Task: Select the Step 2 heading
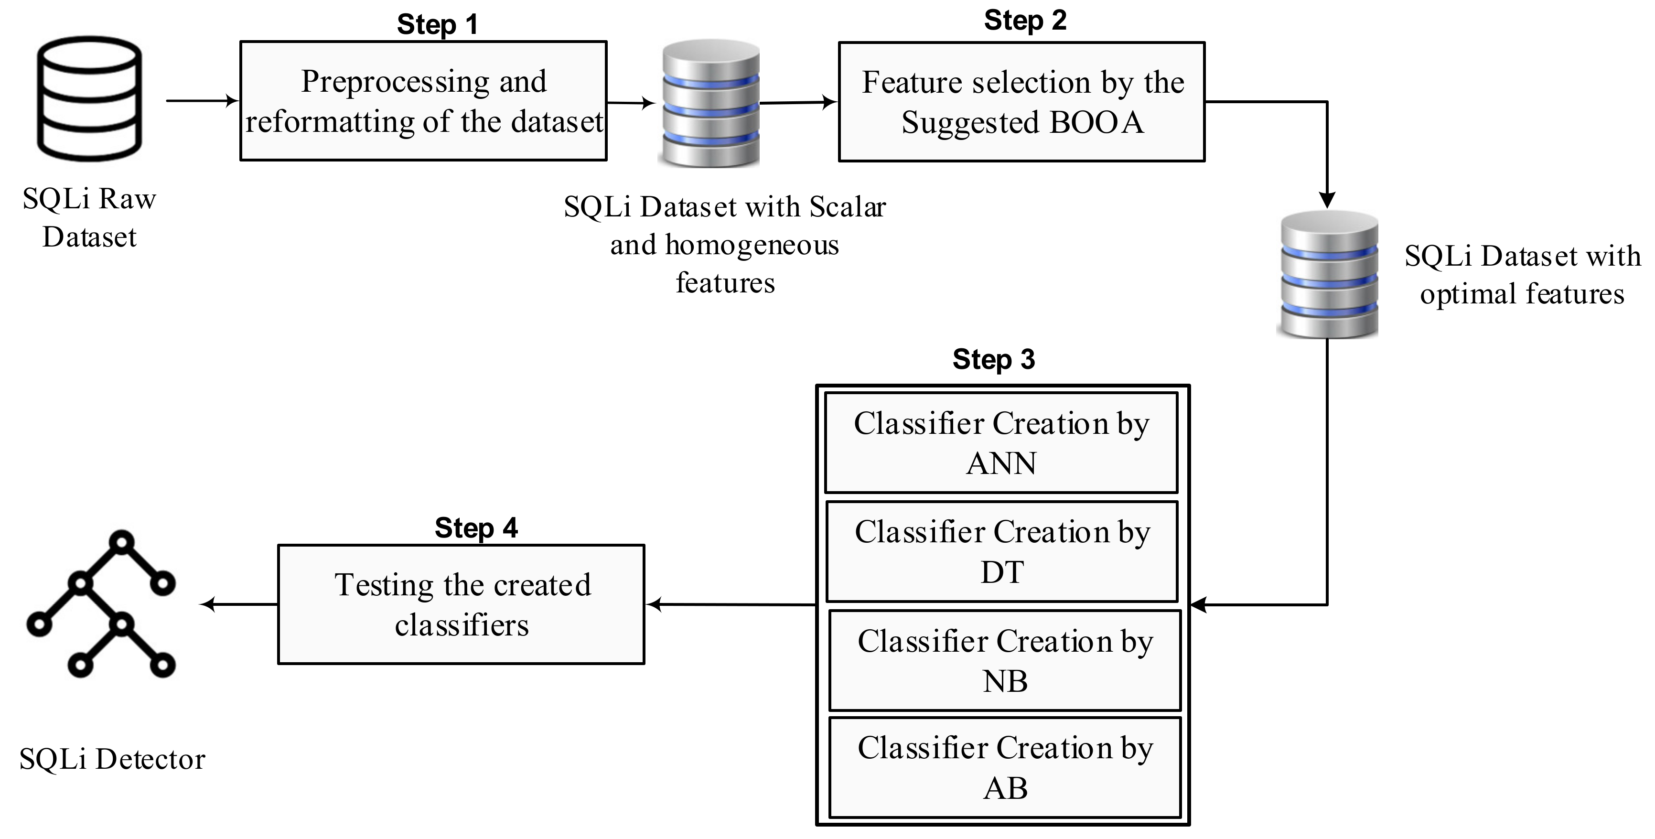(1025, 20)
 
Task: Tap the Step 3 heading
(993, 359)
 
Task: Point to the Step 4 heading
(476, 528)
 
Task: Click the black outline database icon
(89, 98)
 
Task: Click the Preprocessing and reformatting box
(423, 101)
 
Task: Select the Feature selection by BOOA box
(1021, 101)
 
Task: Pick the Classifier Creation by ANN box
(1001, 442)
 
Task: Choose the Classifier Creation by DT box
(1001, 551)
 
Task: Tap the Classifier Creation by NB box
(1005, 660)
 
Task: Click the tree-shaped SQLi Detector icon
(101, 604)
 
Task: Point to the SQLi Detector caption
(112, 759)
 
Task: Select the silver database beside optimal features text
(1327, 274)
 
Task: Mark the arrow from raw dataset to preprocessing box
(202, 101)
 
